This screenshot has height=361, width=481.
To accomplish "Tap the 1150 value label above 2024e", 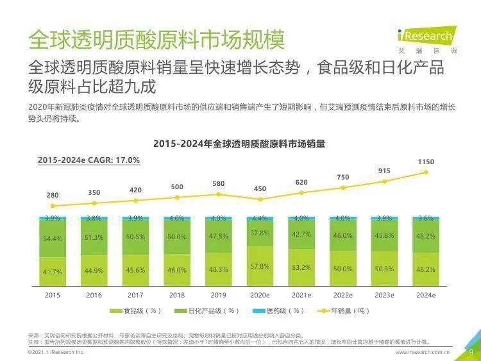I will [426, 162].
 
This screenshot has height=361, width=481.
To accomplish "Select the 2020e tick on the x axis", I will [260, 295].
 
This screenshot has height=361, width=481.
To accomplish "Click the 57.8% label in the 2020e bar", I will [260, 265].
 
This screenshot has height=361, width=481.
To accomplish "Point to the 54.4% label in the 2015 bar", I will [53, 239].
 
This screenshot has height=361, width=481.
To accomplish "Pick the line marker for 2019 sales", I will [219, 194].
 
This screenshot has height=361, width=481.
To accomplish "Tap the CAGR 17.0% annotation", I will [89, 160].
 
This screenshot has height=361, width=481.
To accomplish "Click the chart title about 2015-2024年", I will [239, 144].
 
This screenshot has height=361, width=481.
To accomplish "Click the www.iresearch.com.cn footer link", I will [423, 352].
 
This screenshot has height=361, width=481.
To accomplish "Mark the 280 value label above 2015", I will [53, 195].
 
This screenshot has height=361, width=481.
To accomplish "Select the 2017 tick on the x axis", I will [135, 295].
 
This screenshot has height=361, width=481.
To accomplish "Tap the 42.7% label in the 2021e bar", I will [301, 235].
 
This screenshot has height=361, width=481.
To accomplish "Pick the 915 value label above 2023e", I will [384, 171].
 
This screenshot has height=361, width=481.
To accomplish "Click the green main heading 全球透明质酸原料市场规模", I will [156, 39].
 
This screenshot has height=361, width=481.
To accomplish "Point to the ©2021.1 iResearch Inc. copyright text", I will [56, 352].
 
